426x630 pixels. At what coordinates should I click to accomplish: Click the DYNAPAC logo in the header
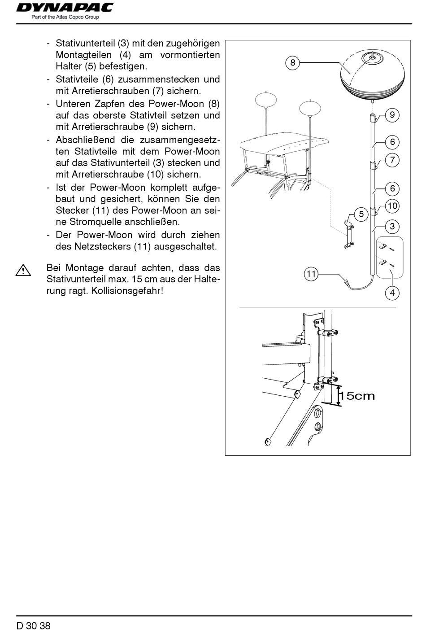click(65, 8)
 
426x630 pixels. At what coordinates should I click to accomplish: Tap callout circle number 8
click(293, 63)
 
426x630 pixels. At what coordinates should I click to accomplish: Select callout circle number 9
click(392, 115)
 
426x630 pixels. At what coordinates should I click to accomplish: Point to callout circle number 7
click(392, 160)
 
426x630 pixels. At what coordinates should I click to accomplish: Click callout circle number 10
click(392, 206)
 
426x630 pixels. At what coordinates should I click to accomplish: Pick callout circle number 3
click(392, 226)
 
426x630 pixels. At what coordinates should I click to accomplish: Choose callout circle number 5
click(361, 214)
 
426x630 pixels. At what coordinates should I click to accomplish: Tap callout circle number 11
click(311, 274)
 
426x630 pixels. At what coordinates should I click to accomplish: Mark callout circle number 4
click(392, 293)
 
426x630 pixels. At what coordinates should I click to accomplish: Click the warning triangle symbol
click(23, 271)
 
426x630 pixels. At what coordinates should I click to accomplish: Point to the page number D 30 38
click(33, 625)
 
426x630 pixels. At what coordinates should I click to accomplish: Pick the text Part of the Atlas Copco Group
click(65, 17)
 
